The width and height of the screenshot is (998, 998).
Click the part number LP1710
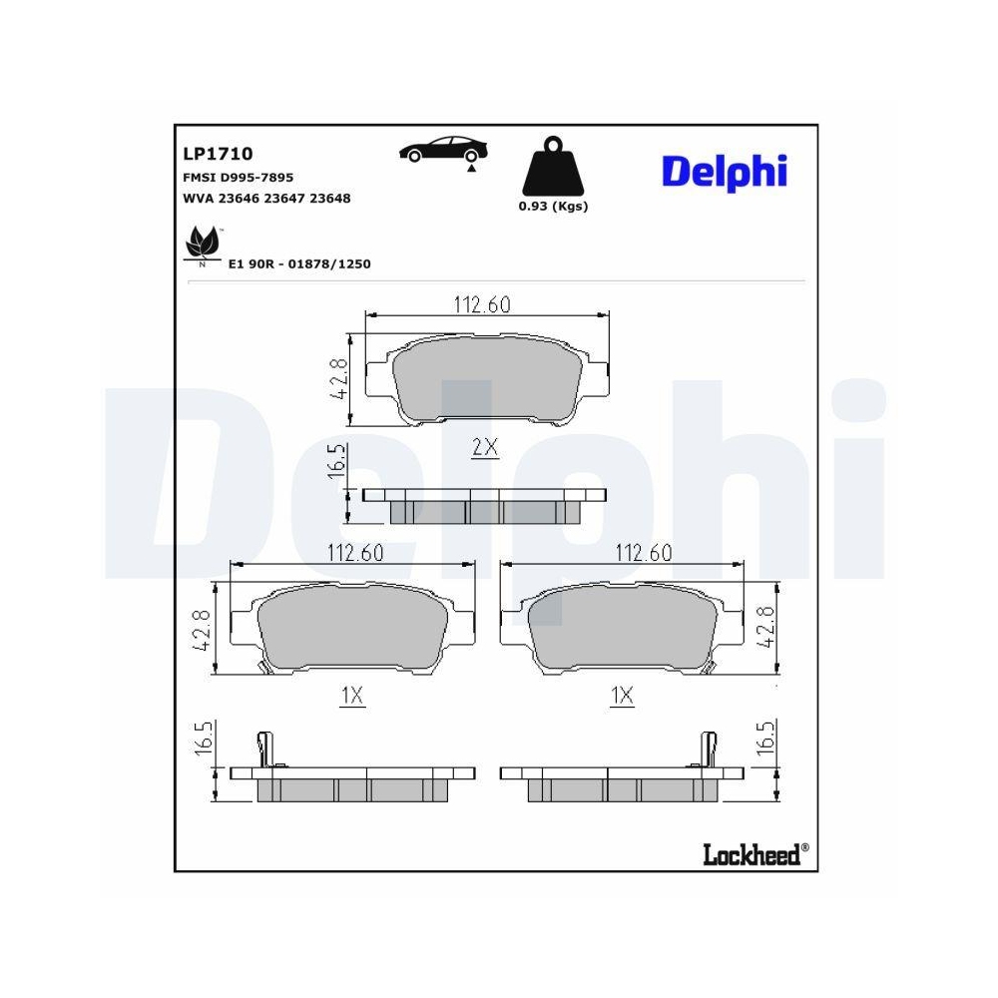217,154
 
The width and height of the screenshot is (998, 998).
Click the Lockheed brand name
751,854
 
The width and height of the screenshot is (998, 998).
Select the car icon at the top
445,150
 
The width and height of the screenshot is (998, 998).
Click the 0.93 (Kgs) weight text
552,207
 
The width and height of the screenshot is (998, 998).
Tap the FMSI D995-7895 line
237,177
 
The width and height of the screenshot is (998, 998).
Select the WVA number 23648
330,198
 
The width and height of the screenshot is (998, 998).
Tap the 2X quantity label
484,448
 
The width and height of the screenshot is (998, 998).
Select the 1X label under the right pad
623,696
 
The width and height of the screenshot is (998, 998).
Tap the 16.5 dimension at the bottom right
766,744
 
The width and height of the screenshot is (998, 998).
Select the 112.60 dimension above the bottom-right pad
643,553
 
